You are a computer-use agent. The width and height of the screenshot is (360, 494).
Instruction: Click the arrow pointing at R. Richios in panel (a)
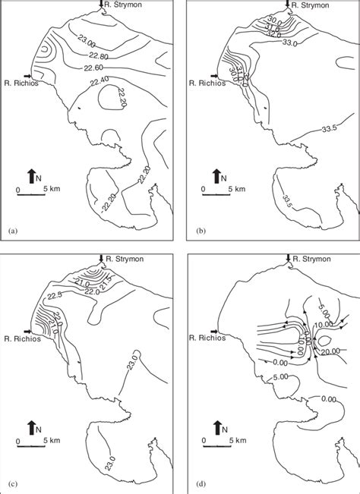point(27,77)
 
